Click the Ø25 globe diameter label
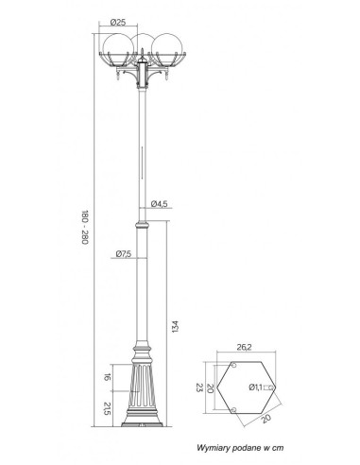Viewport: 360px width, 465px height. tap(118, 22)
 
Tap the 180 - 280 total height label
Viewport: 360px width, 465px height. tap(85, 228)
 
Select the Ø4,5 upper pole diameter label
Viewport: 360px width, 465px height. tap(159, 204)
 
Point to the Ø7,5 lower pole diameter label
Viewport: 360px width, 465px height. tap(124, 253)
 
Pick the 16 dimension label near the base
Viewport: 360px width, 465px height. tap(108, 377)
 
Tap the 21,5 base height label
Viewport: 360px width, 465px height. tap(108, 408)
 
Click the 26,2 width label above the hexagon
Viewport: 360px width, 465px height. tap(244, 347)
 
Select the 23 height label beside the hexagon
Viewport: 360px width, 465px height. tap(199, 387)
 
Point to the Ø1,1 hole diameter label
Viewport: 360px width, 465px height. tap(255, 387)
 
